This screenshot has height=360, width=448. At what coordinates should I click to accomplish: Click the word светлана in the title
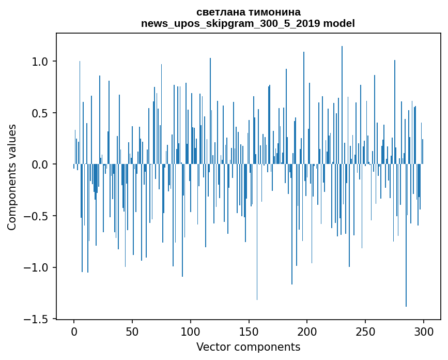tap(220, 12)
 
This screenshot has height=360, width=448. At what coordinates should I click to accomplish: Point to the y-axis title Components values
tap(12, 177)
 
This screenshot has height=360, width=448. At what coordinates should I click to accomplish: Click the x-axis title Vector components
tap(248, 347)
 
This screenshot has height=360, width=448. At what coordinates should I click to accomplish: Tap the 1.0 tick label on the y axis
tap(39, 62)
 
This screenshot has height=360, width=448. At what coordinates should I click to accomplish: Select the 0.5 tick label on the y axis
tap(39, 113)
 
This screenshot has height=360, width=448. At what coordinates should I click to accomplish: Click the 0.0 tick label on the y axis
tap(39, 164)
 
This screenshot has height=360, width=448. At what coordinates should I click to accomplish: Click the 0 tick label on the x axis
tap(74, 331)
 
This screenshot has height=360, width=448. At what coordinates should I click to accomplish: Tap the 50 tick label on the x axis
tap(132, 331)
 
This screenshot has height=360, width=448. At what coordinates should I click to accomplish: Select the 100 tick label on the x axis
tap(191, 331)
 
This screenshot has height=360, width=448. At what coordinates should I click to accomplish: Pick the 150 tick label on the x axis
tap(249, 331)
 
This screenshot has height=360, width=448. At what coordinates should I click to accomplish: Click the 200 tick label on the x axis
tap(307, 331)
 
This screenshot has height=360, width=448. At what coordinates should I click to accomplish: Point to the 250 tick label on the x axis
tap(365, 331)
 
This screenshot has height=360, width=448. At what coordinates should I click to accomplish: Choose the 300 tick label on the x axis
tap(424, 331)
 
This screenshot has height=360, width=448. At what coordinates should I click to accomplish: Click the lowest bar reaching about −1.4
tap(406, 259)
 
